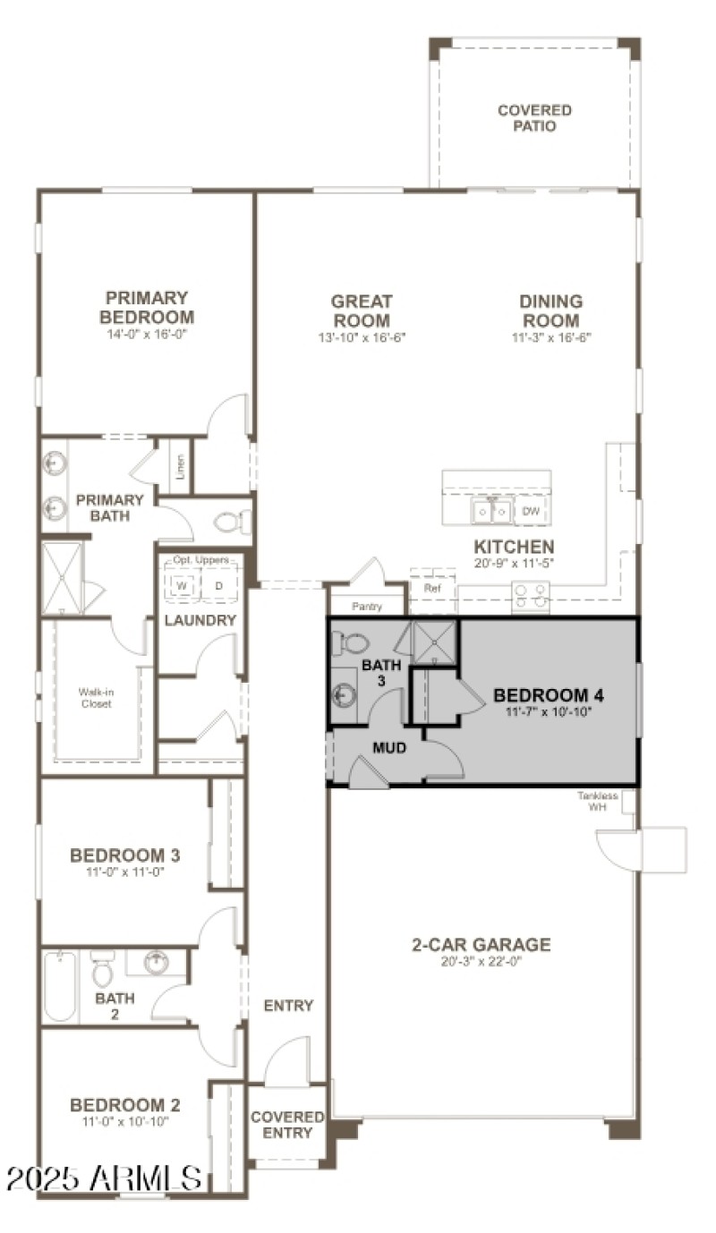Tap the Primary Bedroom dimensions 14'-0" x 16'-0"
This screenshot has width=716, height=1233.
click(147, 334)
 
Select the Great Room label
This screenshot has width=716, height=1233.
click(362, 311)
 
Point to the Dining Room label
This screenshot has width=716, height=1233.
click(550, 311)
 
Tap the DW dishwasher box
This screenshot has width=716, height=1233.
click(531, 512)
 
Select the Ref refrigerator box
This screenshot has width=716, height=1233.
click(432, 590)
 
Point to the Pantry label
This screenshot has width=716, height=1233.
click(367, 607)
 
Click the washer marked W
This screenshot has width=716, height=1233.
click(182, 586)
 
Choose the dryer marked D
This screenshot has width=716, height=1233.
click(218, 586)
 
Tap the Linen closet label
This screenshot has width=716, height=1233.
click(180, 467)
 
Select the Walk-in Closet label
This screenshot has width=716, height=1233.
click(95, 698)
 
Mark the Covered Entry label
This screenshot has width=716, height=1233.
click(287, 1125)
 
